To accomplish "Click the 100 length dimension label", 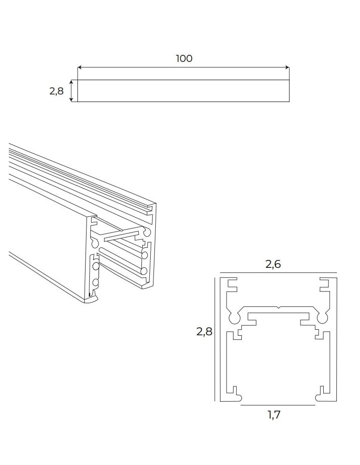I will pyautogui.click(x=184, y=59).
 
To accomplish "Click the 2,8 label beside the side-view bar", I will pyautogui.click(x=56, y=91).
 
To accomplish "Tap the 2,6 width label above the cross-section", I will pyautogui.click(x=273, y=264).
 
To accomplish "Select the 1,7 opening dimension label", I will pyautogui.click(x=274, y=415).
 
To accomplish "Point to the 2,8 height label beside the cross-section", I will pyautogui.click(x=204, y=332).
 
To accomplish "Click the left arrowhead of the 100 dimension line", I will pyautogui.click(x=80, y=68).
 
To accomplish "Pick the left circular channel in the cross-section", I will pyautogui.click(x=233, y=318).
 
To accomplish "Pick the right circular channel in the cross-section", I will pyautogui.click(x=322, y=318).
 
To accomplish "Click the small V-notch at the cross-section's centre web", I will pyautogui.click(x=278, y=308).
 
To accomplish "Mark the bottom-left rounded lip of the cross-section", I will pyautogui.click(x=236, y=398).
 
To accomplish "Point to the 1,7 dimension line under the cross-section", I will pyautogui.click(x=278, y=405).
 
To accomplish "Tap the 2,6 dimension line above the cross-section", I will pyautogui.click(x=278, y=272).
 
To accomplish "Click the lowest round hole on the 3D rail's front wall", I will pyautogui.click(x=96, y=282).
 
